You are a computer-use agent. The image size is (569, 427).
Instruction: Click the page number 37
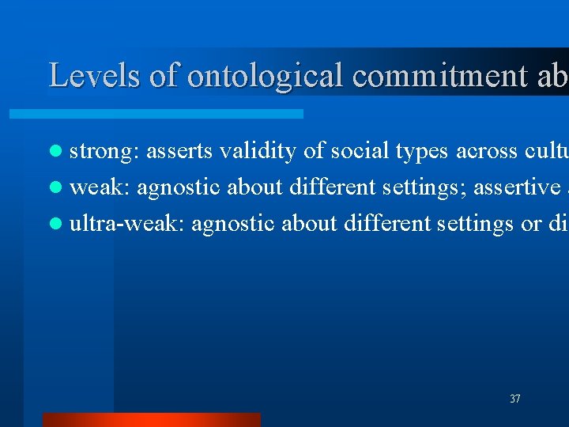coord(515,399)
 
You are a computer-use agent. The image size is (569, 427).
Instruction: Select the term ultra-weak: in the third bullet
coord(127,225)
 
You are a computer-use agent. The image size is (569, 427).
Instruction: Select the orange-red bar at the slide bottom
coord(151,419)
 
